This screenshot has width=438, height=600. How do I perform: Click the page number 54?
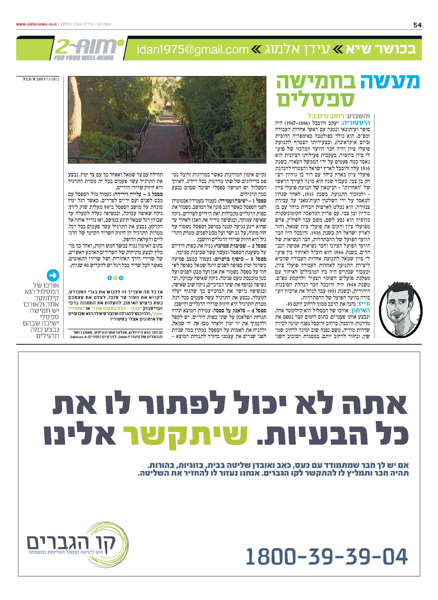point(417,25)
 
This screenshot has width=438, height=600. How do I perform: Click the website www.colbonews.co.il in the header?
point(36,24)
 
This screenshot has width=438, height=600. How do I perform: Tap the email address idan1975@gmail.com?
point(193,50)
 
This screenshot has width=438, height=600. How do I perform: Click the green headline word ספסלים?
point(316,99)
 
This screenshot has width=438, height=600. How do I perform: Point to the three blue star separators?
point(115,278)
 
